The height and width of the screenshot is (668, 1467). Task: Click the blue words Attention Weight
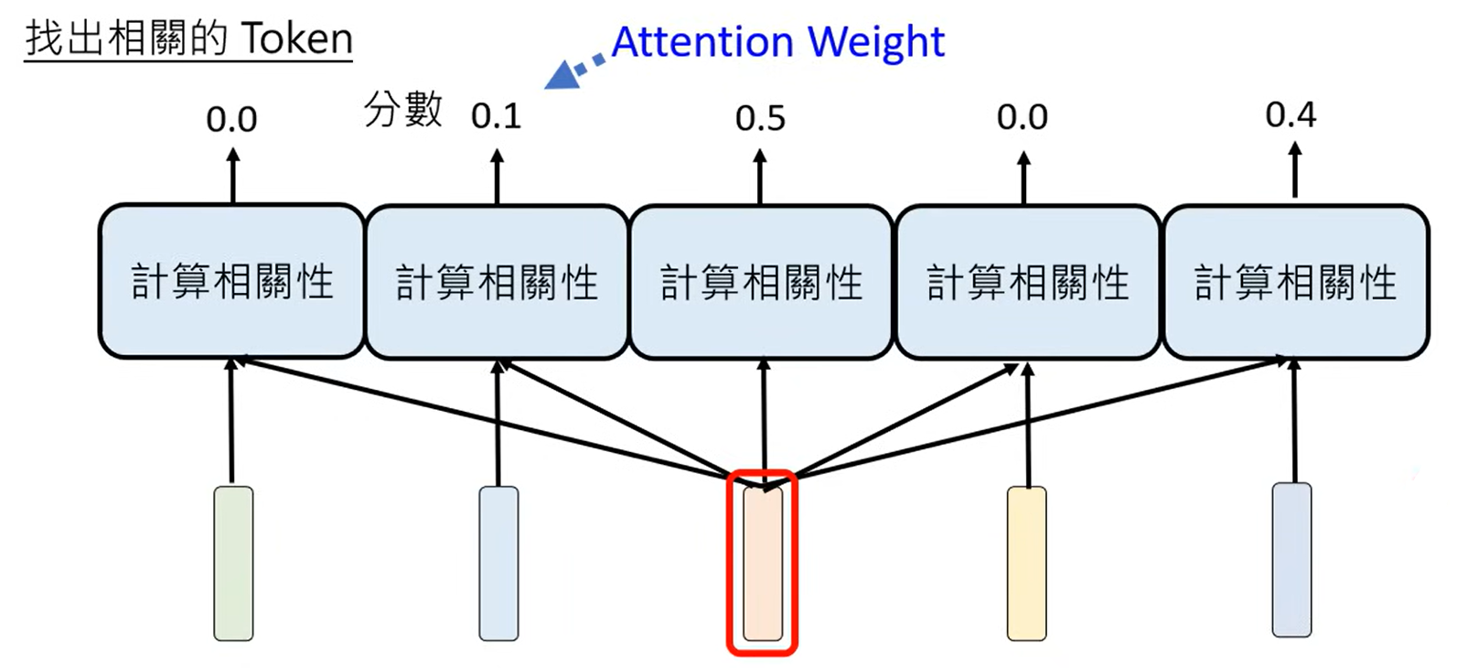click(777, 42)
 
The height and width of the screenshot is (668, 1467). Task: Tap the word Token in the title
click(296, 38)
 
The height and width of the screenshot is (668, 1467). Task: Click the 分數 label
click(402, 109)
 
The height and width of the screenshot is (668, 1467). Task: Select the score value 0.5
click(760, 118)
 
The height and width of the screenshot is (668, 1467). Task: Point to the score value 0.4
click(1290, 114)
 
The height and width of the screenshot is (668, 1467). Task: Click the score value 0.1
click(496, 116)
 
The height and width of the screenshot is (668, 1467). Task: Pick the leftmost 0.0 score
click(231, 119)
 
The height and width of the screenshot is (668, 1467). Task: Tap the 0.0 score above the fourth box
click(1023, 117)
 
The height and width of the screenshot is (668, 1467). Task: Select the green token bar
click(233, 563)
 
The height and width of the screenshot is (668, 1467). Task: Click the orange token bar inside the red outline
click(763, 563)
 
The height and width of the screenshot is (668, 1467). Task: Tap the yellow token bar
click(1026, 563)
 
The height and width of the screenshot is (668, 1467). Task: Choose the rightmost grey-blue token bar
click(1291, 560)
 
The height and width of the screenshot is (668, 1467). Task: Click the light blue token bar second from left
click(498, 563)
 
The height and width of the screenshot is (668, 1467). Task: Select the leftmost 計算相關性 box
click(231, 281)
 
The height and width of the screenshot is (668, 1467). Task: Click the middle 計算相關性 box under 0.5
click(761, 282)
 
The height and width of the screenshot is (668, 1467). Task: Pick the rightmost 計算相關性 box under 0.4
click(1295, 282)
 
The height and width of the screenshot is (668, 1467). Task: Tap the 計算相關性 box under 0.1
click(497, 282)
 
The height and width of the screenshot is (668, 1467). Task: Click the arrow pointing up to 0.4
click(1294, 171)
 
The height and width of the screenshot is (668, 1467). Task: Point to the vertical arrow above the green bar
click(230, 421)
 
